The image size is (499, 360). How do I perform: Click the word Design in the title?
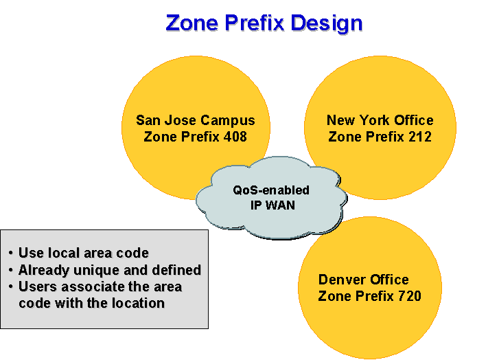[327, 24]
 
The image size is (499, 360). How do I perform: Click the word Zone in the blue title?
[192, 23]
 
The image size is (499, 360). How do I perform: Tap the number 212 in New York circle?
[420, 137]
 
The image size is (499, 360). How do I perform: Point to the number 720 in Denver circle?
[410, 296]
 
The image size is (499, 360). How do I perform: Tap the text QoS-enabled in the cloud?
[271, 190]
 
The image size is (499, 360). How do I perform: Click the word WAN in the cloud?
[280, 205]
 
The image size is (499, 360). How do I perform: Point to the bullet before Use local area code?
[11, 254]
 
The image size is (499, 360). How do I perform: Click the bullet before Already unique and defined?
[11, 270]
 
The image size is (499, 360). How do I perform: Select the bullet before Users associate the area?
[11, 286]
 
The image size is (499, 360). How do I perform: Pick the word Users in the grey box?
[38, 286]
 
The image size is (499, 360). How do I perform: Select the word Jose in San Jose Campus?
[180, 120]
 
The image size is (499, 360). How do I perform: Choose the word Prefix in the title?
[254, 23]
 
